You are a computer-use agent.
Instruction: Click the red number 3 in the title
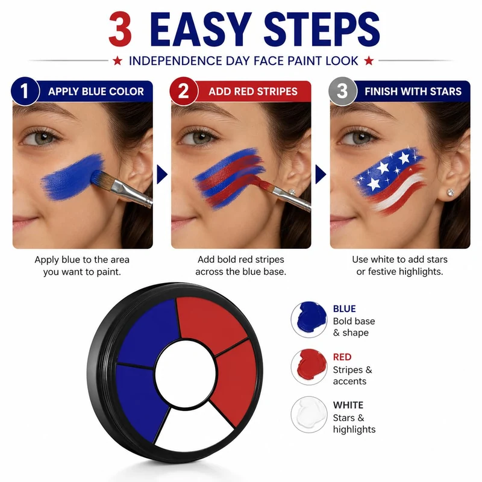[120, 29]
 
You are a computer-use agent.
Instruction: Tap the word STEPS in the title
[322, 29]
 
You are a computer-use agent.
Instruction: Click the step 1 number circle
[25, 92]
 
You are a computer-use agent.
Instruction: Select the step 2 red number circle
[184, 92]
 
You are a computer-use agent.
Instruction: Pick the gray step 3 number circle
[342, 92]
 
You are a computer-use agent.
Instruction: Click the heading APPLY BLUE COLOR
[96, 92]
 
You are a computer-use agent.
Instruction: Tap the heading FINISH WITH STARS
[413, 92]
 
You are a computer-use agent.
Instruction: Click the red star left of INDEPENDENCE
[117, 61]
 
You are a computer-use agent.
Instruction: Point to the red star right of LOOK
[369, 61]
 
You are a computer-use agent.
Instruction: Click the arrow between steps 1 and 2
[161, 174]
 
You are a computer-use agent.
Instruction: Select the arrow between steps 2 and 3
[321, 174]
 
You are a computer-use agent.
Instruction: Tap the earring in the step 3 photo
[451, 193]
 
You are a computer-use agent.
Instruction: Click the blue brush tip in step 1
[99, 178]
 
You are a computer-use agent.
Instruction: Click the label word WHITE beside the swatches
[348, 405]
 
